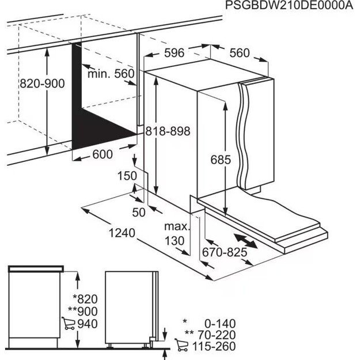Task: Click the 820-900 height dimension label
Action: coord(42,84)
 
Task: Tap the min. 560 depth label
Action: coord(111,74)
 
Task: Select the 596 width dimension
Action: coord(173,54)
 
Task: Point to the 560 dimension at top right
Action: coord(240,54)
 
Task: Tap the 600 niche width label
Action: coord(102,154)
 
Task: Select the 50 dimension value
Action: coord(139,212)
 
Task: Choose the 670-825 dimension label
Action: coord(224,252)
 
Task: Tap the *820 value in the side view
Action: coord(86,299)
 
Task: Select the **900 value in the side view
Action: coord(84,311)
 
